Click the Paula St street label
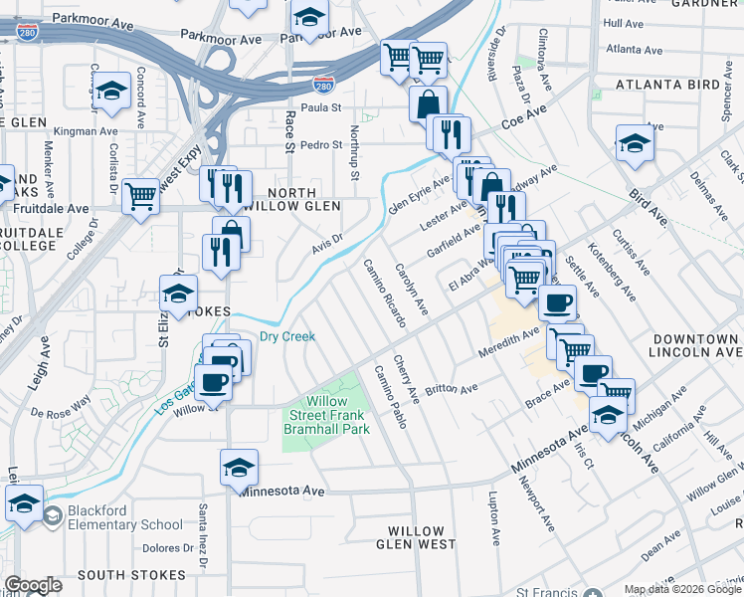[x=321, y=107]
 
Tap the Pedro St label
[x=321, y=144]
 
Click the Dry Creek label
[x=287, y=336]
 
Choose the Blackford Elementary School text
[x=113, y=517]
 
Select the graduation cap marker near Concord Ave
[x=112, y=92]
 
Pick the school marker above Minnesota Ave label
[x=239, y=467]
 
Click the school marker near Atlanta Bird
[x=634, y=144]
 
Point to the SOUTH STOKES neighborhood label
[x=131, y=575]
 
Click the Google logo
[x=33, y=585]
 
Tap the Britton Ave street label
[x=452, y=387]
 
